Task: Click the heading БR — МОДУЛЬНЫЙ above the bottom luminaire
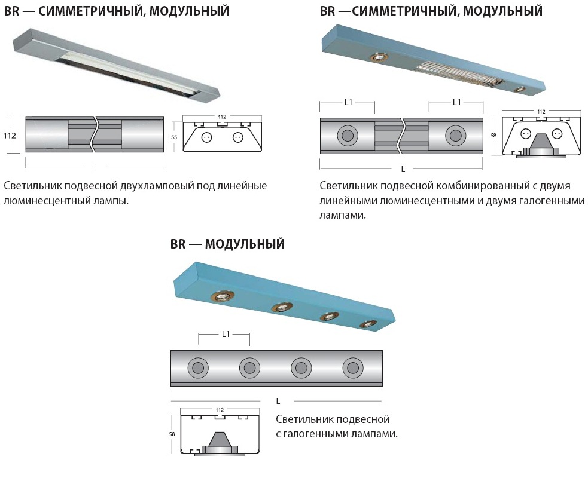227,244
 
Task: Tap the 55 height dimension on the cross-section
174,137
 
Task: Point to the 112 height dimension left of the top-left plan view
10,135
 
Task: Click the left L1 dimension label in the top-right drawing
348,102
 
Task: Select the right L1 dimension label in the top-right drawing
457,102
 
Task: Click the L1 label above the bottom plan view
226,334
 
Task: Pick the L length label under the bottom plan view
278,401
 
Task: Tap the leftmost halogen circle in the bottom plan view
198,368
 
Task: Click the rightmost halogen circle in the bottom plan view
353,368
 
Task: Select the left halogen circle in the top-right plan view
348,135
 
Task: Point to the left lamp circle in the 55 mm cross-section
205,137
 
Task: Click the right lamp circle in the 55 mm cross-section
236,137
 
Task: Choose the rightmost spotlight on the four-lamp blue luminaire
368,324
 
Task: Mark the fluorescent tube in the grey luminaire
131,74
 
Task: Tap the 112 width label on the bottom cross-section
220,410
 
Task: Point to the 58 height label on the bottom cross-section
172,434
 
